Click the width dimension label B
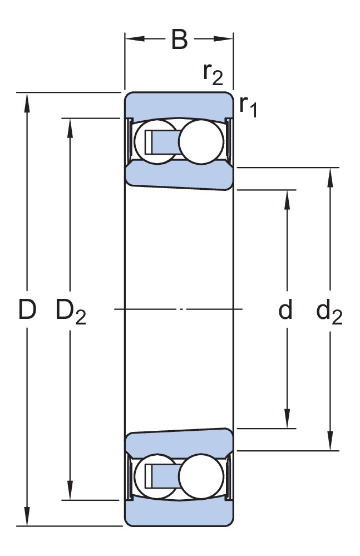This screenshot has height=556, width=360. click(179, 40)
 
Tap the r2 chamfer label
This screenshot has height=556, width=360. click(213, 73)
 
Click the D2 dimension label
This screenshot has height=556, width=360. click(71, 312)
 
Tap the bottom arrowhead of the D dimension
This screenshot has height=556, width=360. click(27, 518)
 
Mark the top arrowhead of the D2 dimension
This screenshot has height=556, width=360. click(70, 126)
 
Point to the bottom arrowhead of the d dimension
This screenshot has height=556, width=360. click(287, 420)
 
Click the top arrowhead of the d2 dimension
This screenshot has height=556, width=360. click(331, 175)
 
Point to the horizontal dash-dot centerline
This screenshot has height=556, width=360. click(178, 309)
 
